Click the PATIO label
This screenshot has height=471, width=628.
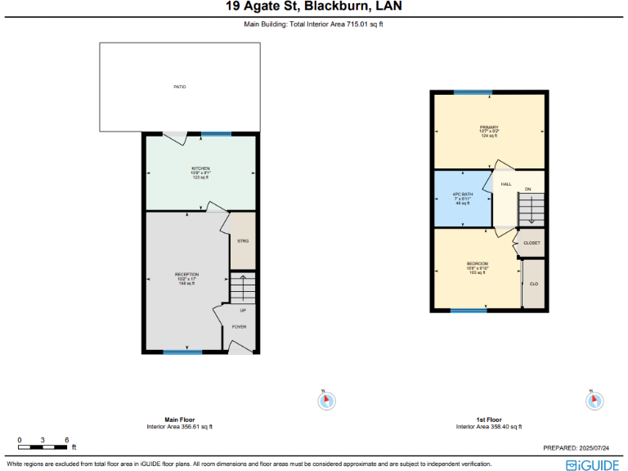tap(179, 86)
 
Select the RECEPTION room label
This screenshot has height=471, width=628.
tap(186, 275)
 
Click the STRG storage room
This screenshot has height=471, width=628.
tap(243, 241)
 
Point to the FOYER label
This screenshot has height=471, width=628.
tap(239, 327)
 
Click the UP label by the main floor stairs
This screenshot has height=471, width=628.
tap(243, 311)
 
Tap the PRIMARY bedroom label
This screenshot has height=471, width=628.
tap(489, 128)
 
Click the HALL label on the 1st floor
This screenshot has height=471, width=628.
tap(506, 185)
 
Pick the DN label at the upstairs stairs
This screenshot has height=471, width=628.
tap(528, 190)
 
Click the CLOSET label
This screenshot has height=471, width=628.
tap(532, 243)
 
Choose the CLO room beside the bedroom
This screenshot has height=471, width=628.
tap(533, 284)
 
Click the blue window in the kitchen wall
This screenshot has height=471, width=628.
tap(216, 134)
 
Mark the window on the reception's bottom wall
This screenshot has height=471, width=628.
tap(182, 352)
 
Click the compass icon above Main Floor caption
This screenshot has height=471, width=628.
tap(325, 401)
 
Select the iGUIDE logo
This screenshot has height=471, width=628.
tap(592, 464)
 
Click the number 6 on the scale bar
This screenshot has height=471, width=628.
tap(66, 440)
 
